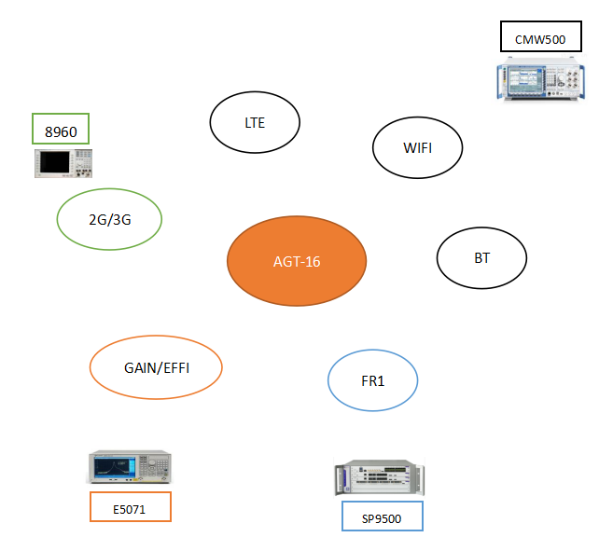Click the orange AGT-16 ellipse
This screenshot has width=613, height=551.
297,261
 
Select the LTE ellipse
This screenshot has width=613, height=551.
255,122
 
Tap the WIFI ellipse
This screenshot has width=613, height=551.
417,147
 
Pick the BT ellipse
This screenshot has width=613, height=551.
482,257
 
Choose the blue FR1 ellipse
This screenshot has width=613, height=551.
373,380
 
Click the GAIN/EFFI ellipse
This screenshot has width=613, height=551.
156,367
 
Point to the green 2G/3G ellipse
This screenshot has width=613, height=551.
109,220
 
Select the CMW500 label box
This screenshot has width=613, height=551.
540,39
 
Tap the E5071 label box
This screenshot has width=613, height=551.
131,507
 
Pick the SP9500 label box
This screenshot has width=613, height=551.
382,517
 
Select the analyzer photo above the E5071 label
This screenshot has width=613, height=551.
130,466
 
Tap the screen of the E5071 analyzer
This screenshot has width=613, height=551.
113,465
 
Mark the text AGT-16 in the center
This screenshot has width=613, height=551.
297,261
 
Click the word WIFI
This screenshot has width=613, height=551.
417,147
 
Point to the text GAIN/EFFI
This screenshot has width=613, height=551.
156,367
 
